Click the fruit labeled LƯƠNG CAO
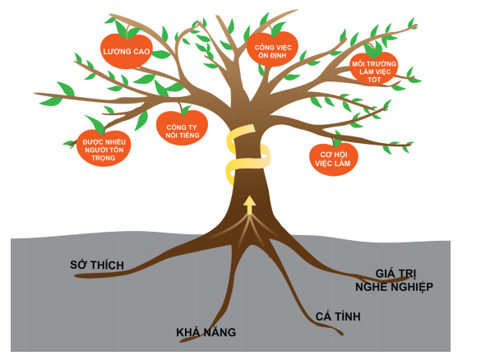126,52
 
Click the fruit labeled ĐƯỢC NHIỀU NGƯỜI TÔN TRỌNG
104,147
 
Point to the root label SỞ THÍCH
96,265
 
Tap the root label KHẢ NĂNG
206,333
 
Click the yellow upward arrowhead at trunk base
249,201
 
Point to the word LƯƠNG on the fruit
116,52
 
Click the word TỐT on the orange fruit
373,80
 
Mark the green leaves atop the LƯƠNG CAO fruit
128,31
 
